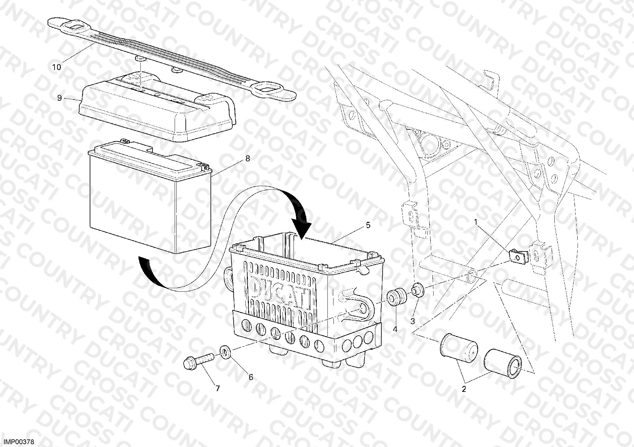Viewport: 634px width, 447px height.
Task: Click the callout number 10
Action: pos(56,67)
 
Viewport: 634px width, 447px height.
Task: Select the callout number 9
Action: pos(60,98)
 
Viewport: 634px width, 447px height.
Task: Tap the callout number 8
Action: pos(248,159)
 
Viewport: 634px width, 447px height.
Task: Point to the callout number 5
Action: pos(368,225)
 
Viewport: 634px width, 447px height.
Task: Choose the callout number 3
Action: pos(412,321)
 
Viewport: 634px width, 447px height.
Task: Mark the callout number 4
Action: pos(395,329)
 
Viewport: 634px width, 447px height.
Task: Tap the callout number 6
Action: pos(251,377)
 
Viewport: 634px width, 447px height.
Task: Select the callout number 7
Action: pos(217,388)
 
